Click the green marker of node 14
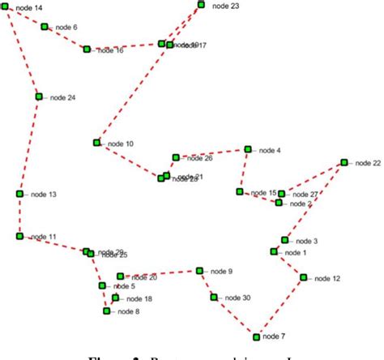point(6,7)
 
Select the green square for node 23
point(202,5)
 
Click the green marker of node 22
point(343,163)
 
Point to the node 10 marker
point(96,143)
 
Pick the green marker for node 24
point(38,96)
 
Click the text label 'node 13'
point(43,195)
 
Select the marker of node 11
point(19,236)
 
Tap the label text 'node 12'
point(326,278)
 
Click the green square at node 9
point(199,271)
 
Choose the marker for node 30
point(215,298)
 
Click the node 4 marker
point(249,149)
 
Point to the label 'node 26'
point(198,158)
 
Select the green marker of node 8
point(107,311)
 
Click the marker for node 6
point(45,27)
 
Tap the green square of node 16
point(87,49)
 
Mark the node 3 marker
point(285,240)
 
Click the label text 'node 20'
point(143,277)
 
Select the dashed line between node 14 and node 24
point(22,52)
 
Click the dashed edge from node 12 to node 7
point(280,306)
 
